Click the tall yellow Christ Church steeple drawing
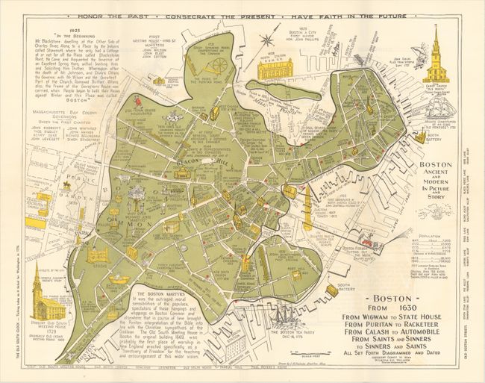click(x=434, y=56)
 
